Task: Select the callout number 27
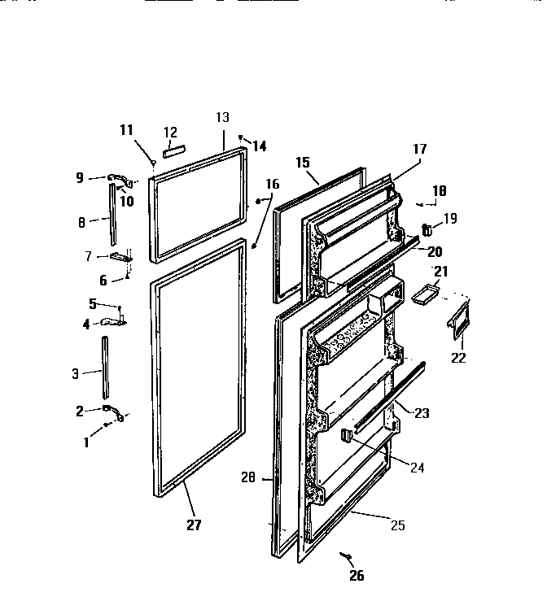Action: [193, 525]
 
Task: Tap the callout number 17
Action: [419, 149]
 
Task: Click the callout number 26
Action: [355, 577]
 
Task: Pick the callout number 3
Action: [76, 374]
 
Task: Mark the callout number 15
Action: [302, 163]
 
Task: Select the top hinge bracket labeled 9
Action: [118, 178]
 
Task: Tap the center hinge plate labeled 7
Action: [120, 257]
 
